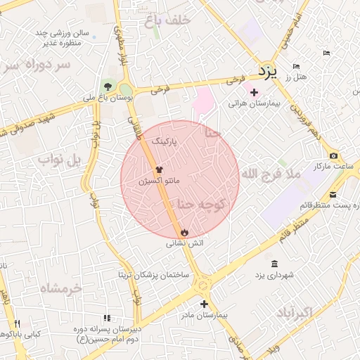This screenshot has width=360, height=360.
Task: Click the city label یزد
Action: coord(268,70)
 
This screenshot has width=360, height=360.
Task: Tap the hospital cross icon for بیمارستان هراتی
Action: coord(254,92)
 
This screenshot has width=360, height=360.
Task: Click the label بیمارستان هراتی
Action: coord(254,103)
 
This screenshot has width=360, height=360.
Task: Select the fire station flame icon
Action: coord(184,232)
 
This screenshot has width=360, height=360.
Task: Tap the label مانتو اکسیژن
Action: coord(159,181)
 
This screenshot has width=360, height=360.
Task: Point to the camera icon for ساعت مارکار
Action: coord(333,155)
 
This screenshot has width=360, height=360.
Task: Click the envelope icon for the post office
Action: coord(333,193)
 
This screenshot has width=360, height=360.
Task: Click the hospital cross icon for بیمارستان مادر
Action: coord(204,304)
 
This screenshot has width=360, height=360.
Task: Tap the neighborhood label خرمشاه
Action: coord(60,288)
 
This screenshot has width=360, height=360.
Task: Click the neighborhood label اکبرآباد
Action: coord(308,312)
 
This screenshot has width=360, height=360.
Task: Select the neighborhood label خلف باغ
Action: coord(167,20)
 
